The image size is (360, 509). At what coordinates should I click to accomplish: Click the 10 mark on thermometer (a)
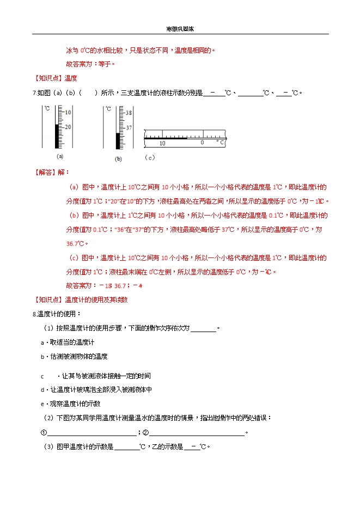coord(68,112)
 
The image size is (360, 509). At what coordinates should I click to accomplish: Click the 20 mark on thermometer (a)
coord(68,127)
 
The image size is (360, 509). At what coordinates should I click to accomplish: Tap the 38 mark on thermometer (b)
coord(129,113)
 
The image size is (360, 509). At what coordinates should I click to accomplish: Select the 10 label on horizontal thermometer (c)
coord(162,143)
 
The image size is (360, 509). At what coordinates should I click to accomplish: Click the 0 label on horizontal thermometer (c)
coord(202,143)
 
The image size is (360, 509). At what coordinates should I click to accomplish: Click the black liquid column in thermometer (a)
coord(57,136)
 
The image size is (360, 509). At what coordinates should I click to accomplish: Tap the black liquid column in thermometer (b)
coord(118,140)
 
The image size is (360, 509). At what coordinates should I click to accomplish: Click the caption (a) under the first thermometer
coord(56,156)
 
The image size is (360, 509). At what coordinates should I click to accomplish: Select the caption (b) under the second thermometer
coord(118,159)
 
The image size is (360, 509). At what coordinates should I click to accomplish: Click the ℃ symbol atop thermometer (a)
coord(47,109)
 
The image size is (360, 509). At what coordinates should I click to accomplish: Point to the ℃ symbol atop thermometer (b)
coord(108,109)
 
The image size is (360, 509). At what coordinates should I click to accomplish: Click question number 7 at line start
coord(35,93)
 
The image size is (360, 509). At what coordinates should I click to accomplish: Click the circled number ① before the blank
coord(44,433)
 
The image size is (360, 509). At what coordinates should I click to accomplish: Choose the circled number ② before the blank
coord(145,433)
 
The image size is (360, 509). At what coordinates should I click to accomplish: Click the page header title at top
coord(180,29)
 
